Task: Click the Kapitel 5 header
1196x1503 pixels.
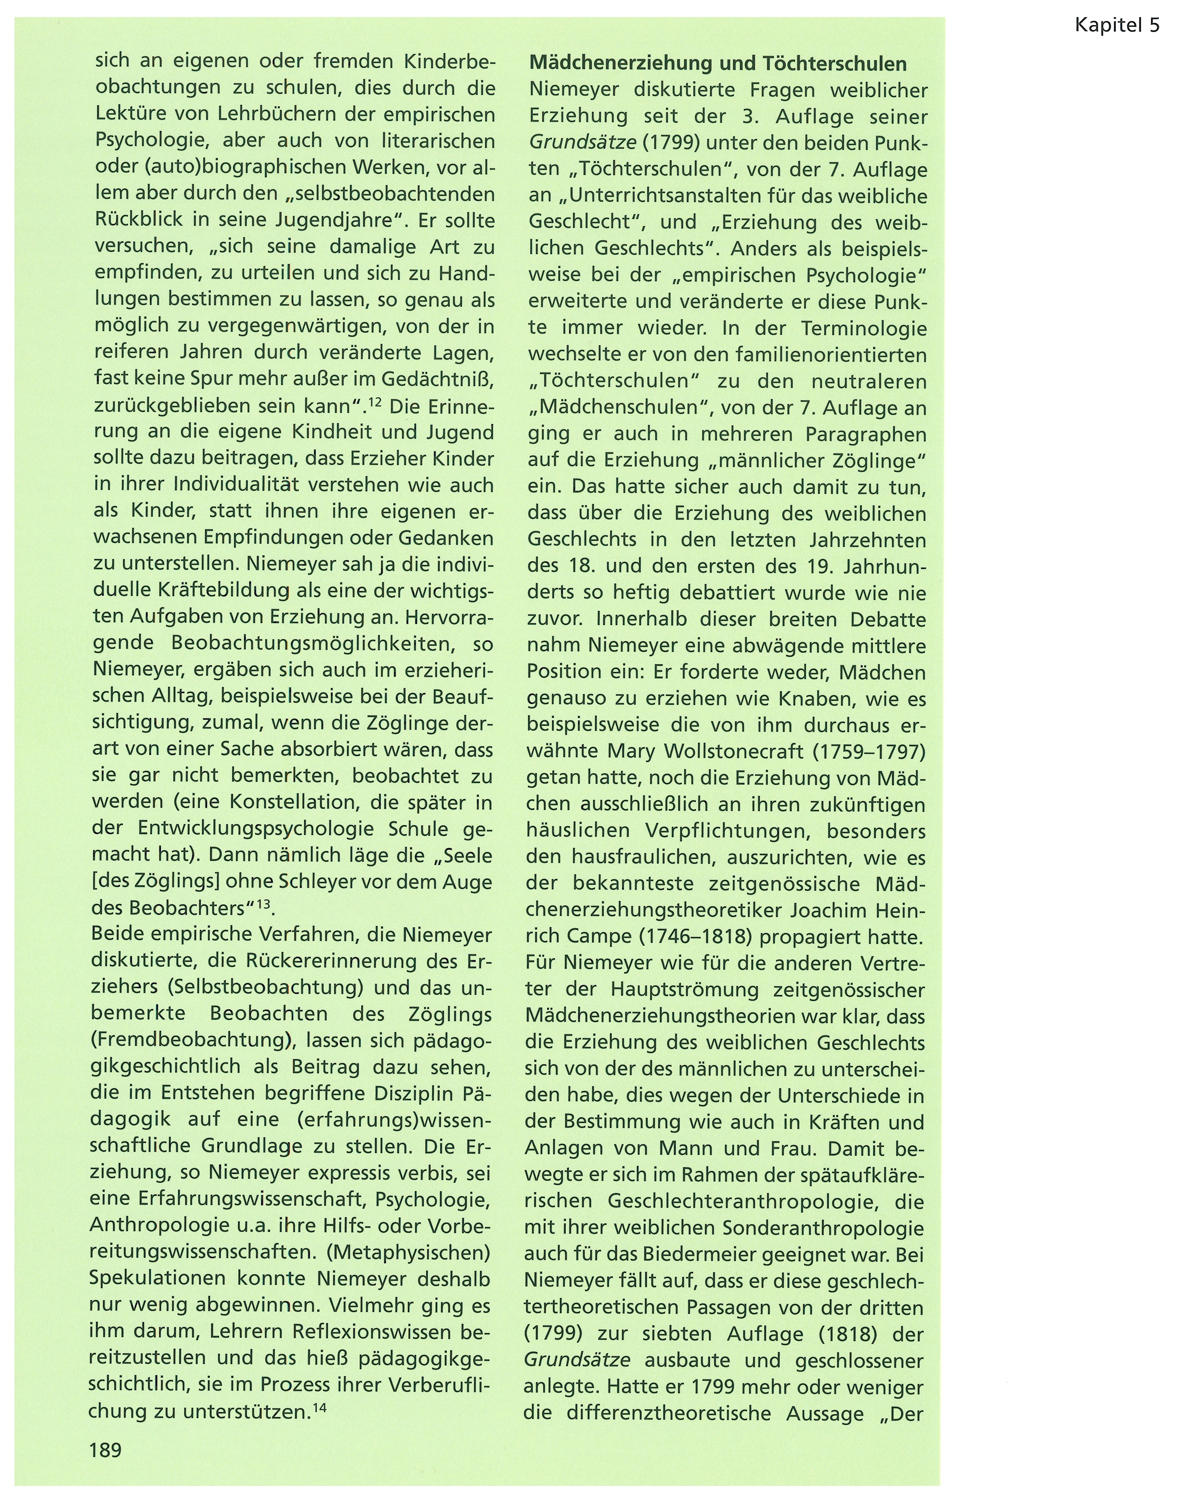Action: pos(1117,26)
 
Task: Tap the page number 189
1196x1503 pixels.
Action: pos(105,1451)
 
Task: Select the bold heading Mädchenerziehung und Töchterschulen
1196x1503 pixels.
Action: pos(718,64)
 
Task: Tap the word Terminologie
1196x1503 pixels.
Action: pos(863,328)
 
